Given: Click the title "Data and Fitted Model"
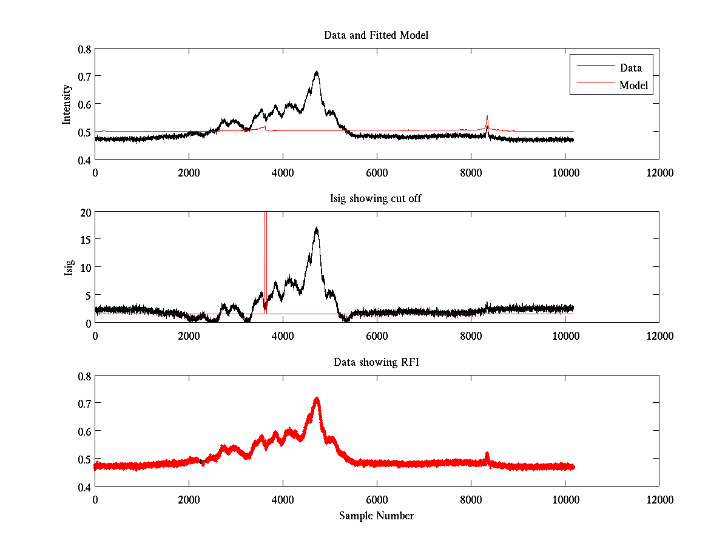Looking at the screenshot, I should (x=376, y=35).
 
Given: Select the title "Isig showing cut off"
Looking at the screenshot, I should (x=376, y=199).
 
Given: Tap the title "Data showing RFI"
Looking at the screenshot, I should (x=376, y=362).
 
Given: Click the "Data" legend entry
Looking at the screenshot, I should (x=630, y=67).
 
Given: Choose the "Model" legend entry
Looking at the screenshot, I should (x=633, y=86).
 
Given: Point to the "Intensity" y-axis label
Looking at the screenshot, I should (x=67, y=104).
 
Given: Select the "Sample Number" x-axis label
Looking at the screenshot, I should (x=376, y=516).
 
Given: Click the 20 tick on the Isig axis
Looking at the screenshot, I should (x=84, y=212).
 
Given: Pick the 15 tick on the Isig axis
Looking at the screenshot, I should (x=84, y=240).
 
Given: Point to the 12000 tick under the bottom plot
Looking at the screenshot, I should (x=659, y=500).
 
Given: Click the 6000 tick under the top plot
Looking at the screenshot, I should (x=377, y=173).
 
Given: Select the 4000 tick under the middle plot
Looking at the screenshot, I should (x=283, y=336).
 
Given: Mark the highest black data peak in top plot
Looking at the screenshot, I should (x=317, y=72).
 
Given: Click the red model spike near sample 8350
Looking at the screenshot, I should (x=487, y=116).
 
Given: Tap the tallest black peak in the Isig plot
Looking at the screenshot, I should (x=317, y=229).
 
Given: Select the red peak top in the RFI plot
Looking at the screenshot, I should (x=317, y=399).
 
